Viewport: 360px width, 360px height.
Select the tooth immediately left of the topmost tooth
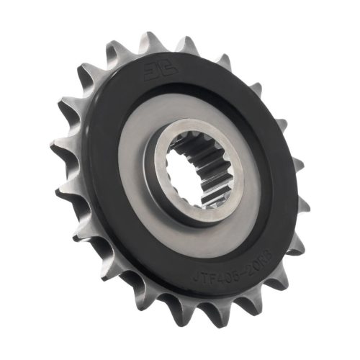pyautogui.click(x=119, y=50)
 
